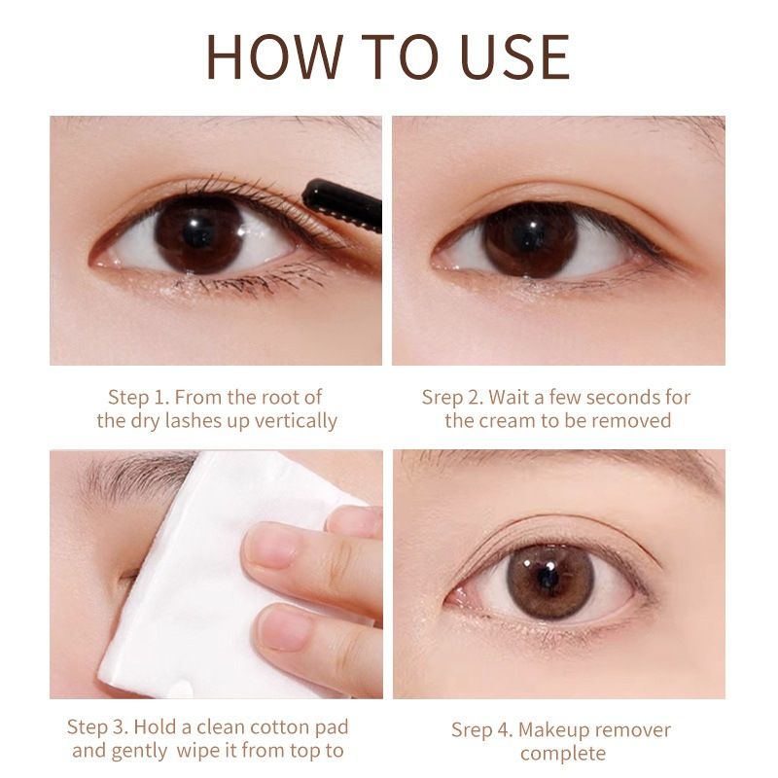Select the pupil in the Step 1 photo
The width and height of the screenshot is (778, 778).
(x=198, y=233)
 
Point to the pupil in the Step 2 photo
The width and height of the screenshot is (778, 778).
(x=530, y=236)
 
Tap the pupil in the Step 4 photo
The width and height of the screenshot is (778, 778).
(x=547, y=578)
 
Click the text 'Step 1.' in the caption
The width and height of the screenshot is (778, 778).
(x=140, y=397)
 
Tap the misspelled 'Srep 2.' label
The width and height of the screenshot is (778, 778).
(x=452, y=397)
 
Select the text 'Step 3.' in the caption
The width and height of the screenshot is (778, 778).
(x=99, y=727)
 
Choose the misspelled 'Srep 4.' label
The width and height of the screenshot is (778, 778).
(x=481, y=729)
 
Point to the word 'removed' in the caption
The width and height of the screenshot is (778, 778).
(x=637, y=421)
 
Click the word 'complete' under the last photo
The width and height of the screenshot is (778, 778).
(x=562, y=754)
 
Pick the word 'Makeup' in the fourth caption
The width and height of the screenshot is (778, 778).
(x=553, y=729)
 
